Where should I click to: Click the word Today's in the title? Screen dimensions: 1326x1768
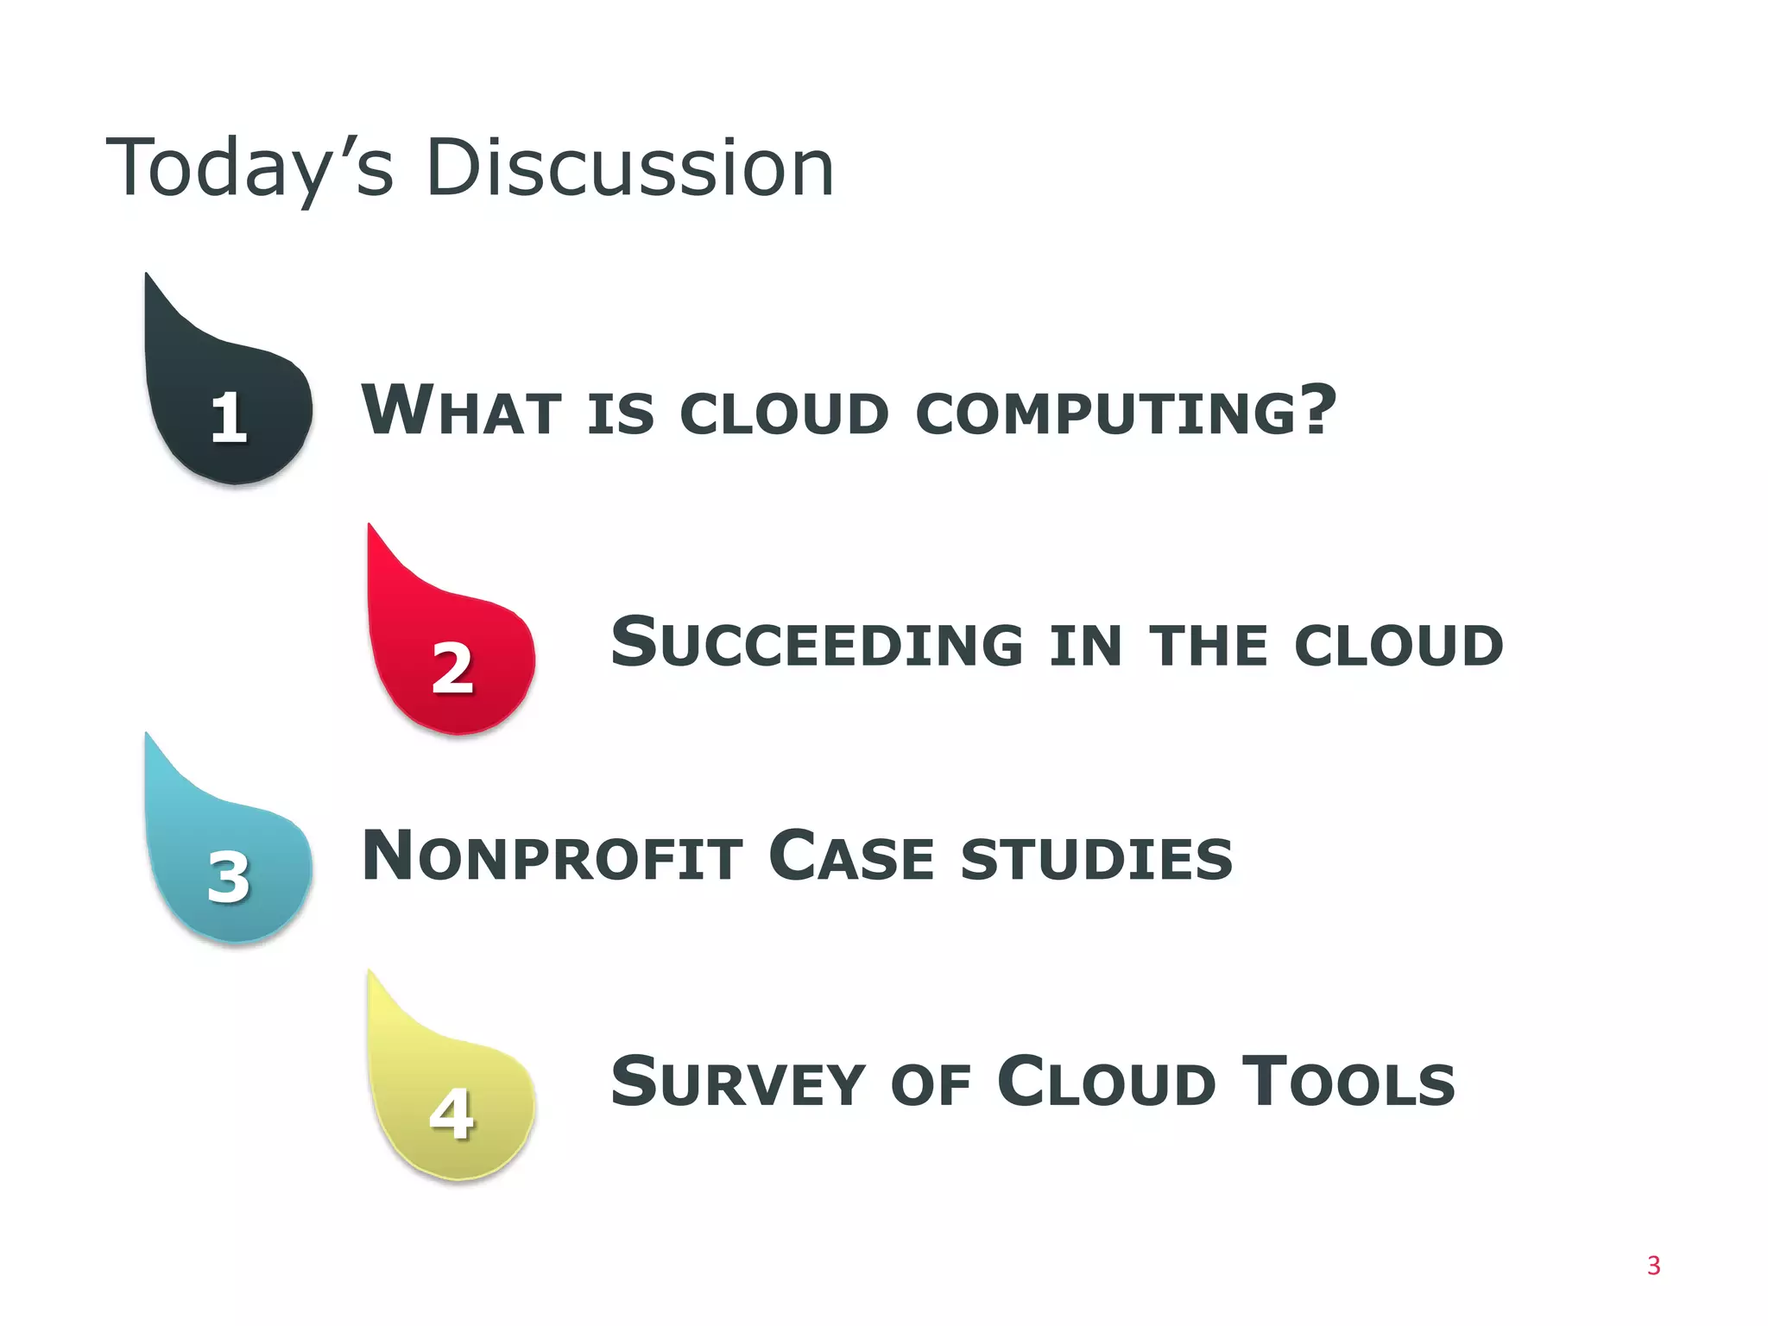point(249,168)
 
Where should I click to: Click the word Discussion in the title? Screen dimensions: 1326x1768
point(629,168)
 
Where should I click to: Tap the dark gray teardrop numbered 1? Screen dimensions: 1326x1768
point(229,406)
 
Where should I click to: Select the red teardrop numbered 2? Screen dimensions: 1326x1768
point(451,656)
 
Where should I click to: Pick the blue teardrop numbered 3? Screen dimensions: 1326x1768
point(229,868)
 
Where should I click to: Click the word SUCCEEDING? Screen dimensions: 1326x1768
point(817,644)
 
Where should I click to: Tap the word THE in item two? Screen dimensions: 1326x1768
point(1208,646)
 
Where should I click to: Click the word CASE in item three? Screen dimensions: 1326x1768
point(851,857)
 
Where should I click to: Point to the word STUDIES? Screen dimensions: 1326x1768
point(1096,860)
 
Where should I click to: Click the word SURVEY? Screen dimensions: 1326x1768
point(737,1083)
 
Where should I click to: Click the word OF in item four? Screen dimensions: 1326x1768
point(931,1086)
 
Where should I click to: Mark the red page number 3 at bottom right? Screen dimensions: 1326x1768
point(1653,1266)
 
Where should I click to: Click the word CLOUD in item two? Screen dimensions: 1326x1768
point(1398,646)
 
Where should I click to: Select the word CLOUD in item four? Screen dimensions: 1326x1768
point(1106,1083)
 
